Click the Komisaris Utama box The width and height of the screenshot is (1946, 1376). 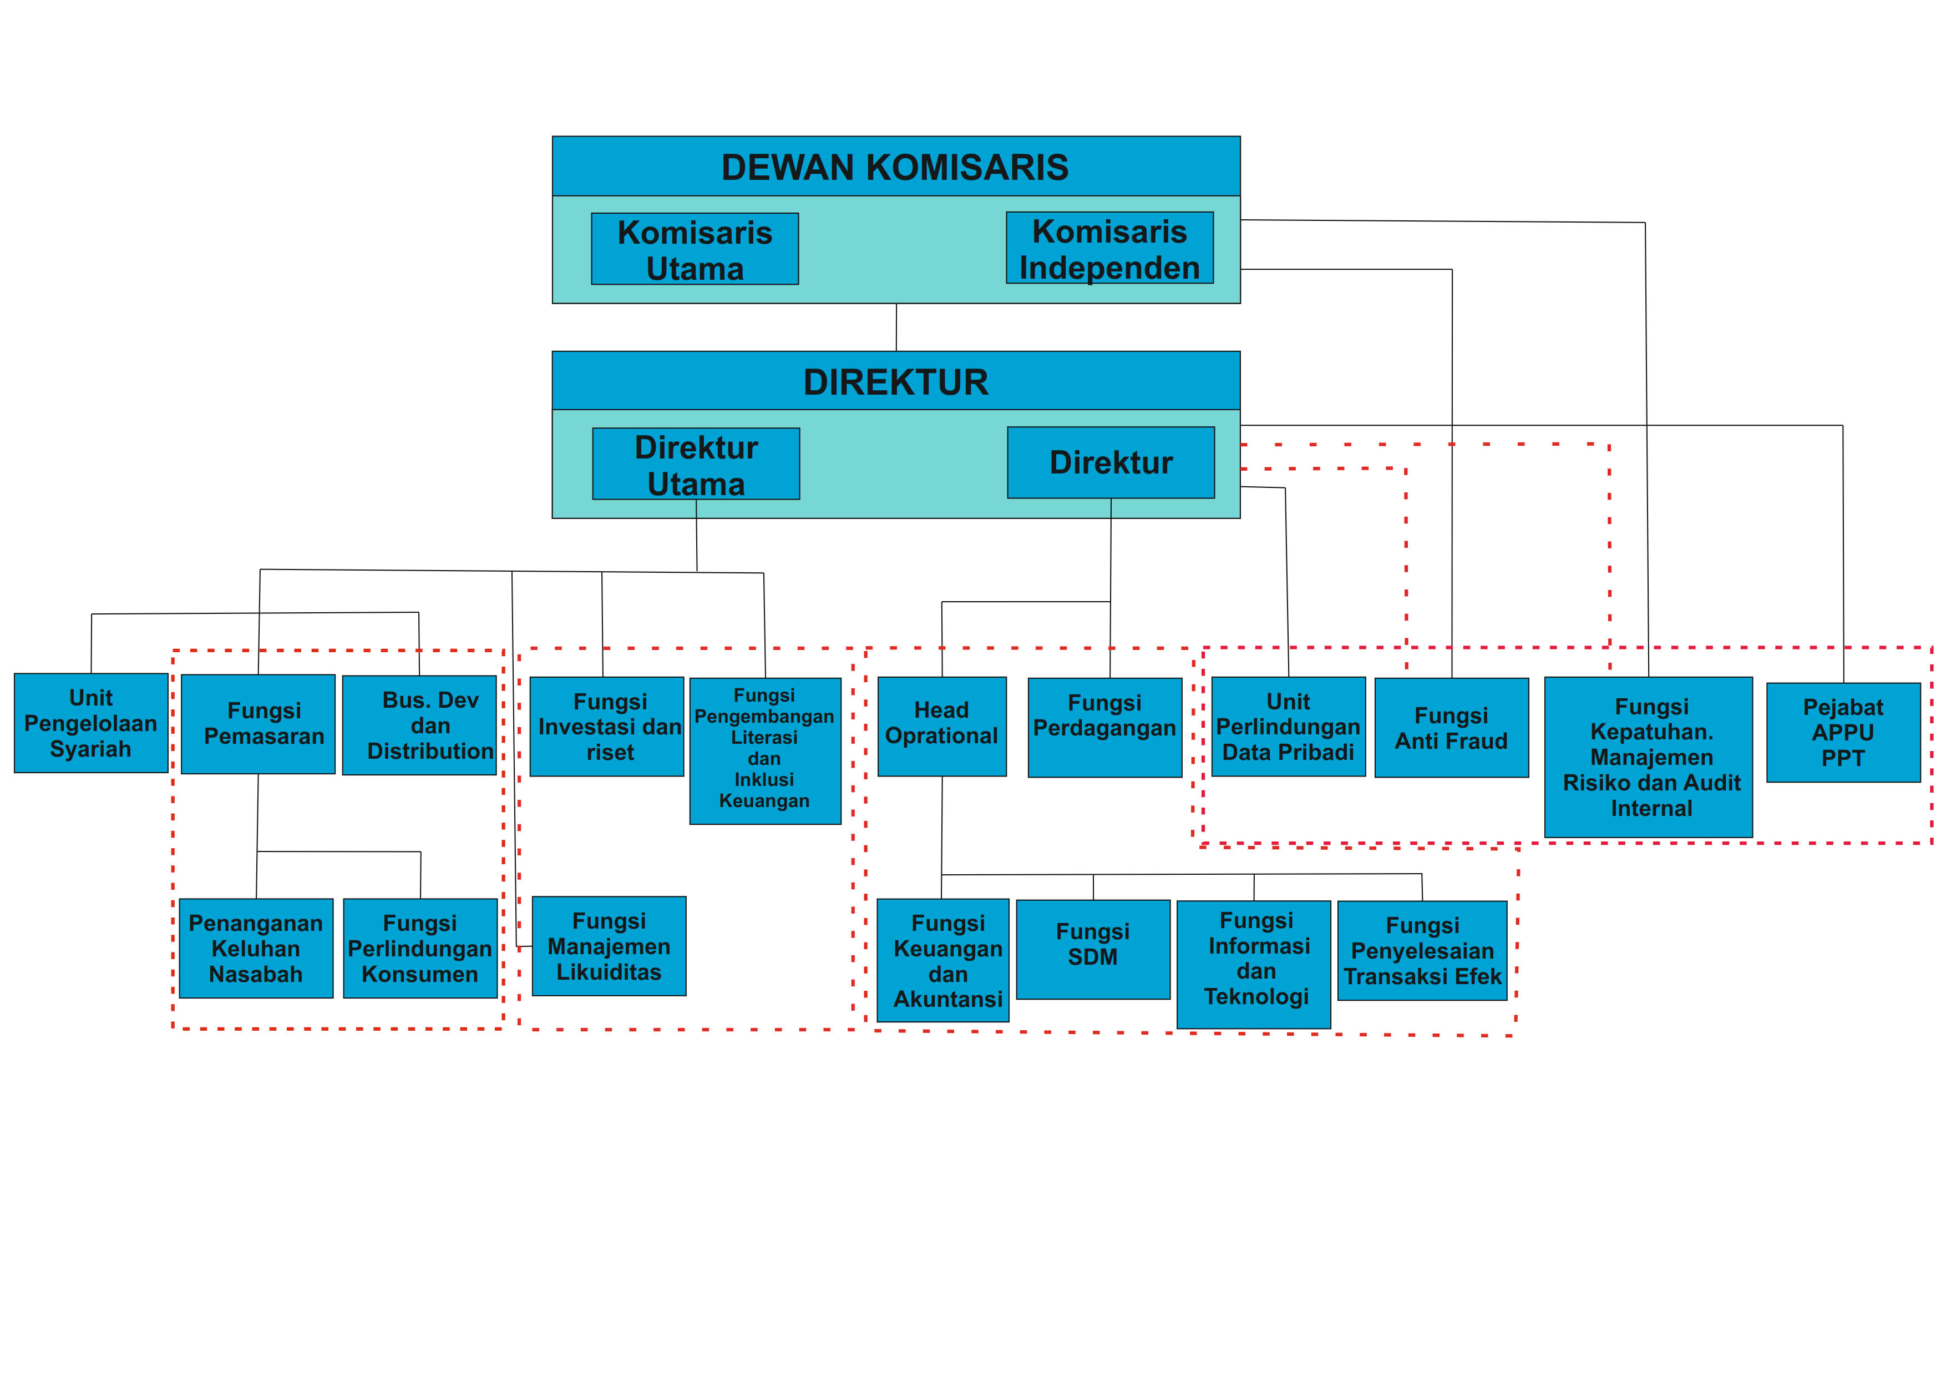coord(695,249)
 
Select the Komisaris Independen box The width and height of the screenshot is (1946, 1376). coord(1109,248)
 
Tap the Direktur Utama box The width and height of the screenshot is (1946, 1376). coord(696,463)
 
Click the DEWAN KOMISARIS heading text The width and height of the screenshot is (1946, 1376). coord(895,167)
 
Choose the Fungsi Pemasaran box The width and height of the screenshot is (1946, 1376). coord(259,724)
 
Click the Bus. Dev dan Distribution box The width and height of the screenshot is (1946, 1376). coord(419,725)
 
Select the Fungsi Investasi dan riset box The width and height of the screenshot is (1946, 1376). coord(607,727)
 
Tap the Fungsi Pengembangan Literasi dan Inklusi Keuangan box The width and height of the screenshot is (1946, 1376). coord(766,751)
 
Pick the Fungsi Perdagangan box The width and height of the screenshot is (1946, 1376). coord(1105,728)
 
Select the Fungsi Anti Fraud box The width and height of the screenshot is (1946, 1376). coord(1452,728)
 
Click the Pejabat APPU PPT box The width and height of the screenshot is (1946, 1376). coord(1843,733)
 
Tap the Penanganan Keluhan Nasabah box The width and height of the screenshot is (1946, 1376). coord(256,949)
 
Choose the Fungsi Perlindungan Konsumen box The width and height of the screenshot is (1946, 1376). coord(420,949)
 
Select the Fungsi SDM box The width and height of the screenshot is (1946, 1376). coord(1093,950)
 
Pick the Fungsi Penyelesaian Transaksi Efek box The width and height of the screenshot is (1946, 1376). coord(1422,950)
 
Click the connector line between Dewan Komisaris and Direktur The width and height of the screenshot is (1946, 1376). coord(896,327)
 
